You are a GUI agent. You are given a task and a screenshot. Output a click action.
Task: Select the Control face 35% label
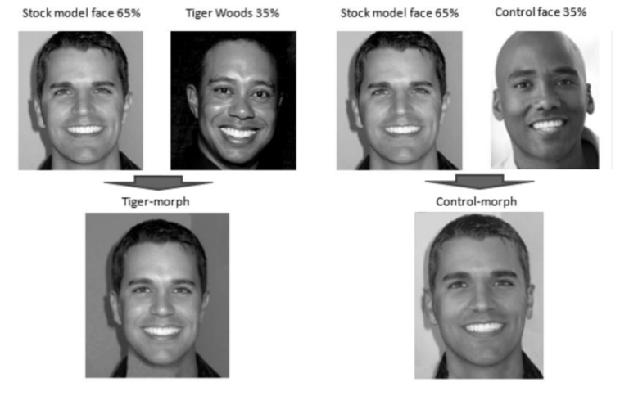pos(540,12)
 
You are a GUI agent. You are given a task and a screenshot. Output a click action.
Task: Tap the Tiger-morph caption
pos(157,201)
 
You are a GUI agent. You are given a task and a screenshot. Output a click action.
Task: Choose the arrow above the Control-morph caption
pos(477,182)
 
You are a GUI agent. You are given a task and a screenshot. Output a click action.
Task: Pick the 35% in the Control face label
pos(573,12)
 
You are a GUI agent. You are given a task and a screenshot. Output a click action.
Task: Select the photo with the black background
pos(233,100)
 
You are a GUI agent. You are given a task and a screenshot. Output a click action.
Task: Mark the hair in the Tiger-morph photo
pos(158,237)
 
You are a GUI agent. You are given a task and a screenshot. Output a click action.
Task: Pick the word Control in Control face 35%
pos(514,12)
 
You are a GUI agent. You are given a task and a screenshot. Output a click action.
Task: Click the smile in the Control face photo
pos(547,124)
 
